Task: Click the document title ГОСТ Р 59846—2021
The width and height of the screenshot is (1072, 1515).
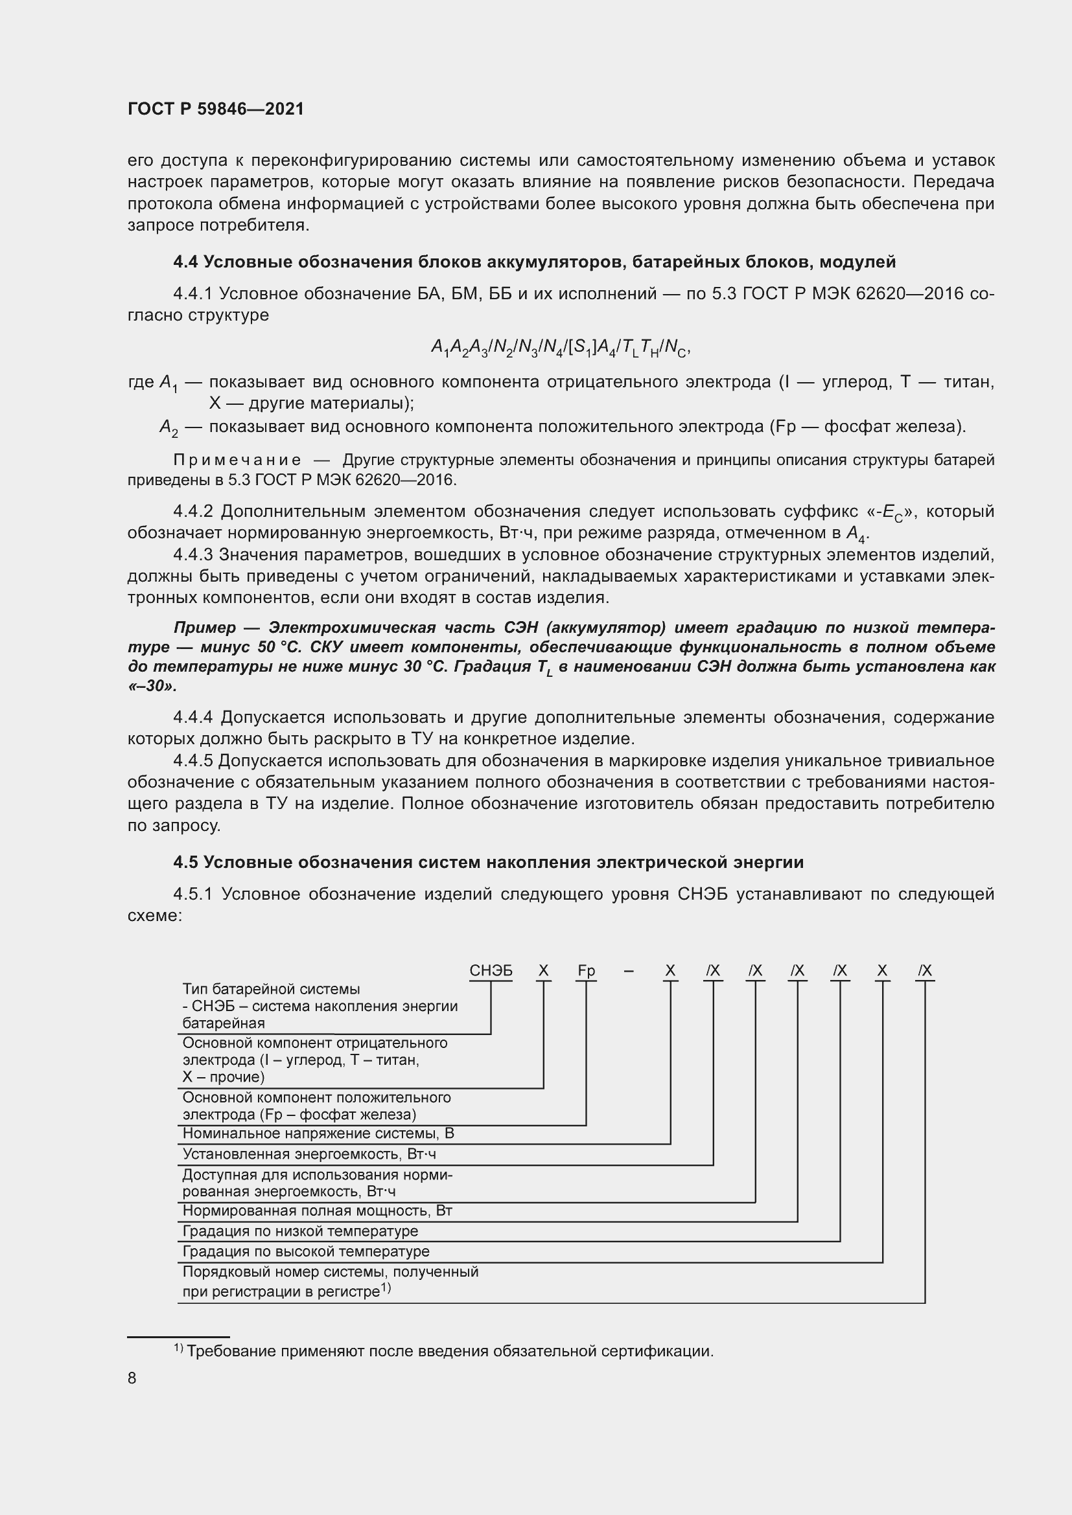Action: (216, 109)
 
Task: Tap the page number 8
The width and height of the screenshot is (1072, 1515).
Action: (132, 1378)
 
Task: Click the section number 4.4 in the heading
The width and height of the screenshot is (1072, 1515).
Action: (185, 262)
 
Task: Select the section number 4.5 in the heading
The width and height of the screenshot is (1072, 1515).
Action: (185, 862)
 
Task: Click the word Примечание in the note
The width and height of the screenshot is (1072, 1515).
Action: (238, 460)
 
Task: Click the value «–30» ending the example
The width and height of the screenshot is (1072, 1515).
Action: (152, 686)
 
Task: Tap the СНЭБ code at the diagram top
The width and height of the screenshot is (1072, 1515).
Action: (491, 971)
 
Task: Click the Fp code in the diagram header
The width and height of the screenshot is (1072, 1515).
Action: (586, 971)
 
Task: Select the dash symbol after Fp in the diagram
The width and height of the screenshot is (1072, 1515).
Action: (629, 971)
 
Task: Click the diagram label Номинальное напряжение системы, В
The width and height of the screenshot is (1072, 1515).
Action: (318, 1133)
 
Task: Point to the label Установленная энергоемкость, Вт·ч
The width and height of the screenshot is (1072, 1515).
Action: (309, 1154)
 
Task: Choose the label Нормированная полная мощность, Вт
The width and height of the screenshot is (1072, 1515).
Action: (317, 1211)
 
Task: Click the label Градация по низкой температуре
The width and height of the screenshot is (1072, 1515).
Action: (300, 1231)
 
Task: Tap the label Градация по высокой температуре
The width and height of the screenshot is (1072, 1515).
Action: (306, 1252)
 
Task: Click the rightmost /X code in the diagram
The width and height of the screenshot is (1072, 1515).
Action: (925, 971)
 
